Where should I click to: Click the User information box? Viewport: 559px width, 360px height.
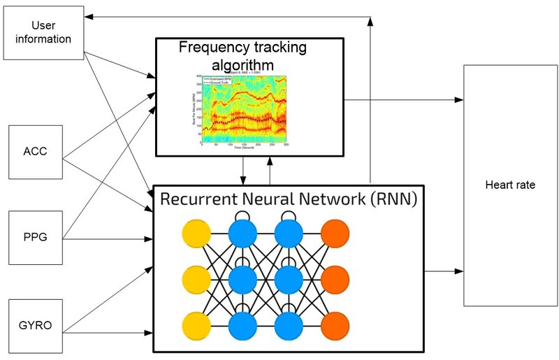point(43,32)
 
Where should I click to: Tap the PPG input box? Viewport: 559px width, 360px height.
point(34,238)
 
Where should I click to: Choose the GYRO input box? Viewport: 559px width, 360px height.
point(34,326)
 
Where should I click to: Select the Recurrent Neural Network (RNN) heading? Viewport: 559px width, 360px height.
point(289,199)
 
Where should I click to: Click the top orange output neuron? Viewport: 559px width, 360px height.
point(336,233)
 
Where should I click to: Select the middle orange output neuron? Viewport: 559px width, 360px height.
point(336,280)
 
